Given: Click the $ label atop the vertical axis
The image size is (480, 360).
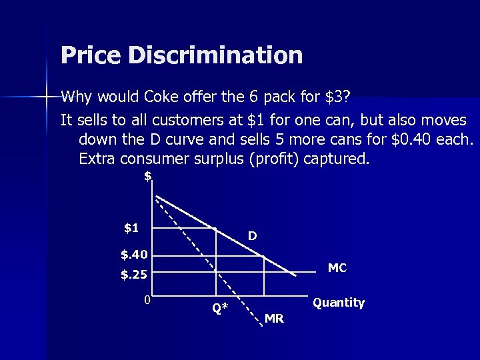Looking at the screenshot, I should (x=148, y=176).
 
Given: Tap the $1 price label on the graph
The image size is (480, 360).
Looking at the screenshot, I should (x=131, y=228).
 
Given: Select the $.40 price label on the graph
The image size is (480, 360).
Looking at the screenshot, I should (x=133, y=254).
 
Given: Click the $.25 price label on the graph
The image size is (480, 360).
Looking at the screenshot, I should (x=133, y=274).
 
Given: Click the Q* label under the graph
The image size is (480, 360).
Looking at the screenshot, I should (x=220, y=308).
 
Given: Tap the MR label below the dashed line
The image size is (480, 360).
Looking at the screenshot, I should (x=274, y=319).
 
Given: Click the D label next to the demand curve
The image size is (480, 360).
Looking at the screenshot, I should (x=253, y=236).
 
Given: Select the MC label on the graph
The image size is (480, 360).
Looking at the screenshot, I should (x=337, y=268).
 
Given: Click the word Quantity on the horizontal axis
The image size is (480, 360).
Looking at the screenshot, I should (x=339, y=303).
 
